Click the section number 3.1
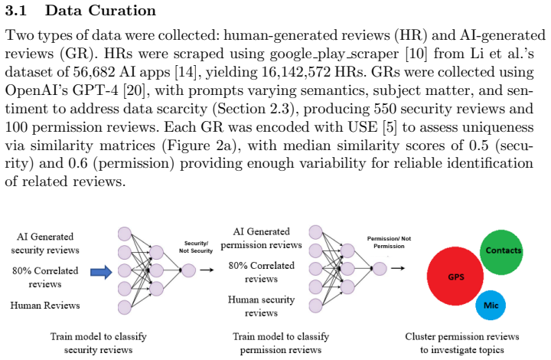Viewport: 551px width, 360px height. (x=16, y=11)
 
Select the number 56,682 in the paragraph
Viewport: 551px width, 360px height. (x=94, y=72)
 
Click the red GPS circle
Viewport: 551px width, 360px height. (x=455, y=276)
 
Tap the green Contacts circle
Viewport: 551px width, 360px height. (x=501, y=252)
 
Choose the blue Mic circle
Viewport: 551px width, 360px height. (x=491, y=305)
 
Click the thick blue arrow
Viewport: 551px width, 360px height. (x=101, y=272)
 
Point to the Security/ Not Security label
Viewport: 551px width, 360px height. (x=196, y=247)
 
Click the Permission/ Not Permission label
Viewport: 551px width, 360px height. (x=389, y=242)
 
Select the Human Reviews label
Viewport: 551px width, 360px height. (x=45, y=305)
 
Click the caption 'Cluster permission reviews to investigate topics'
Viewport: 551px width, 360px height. (x=461, y=343)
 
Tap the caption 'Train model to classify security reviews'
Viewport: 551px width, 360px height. (x=99, y=343)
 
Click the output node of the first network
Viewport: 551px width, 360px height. (x=189, y=270)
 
